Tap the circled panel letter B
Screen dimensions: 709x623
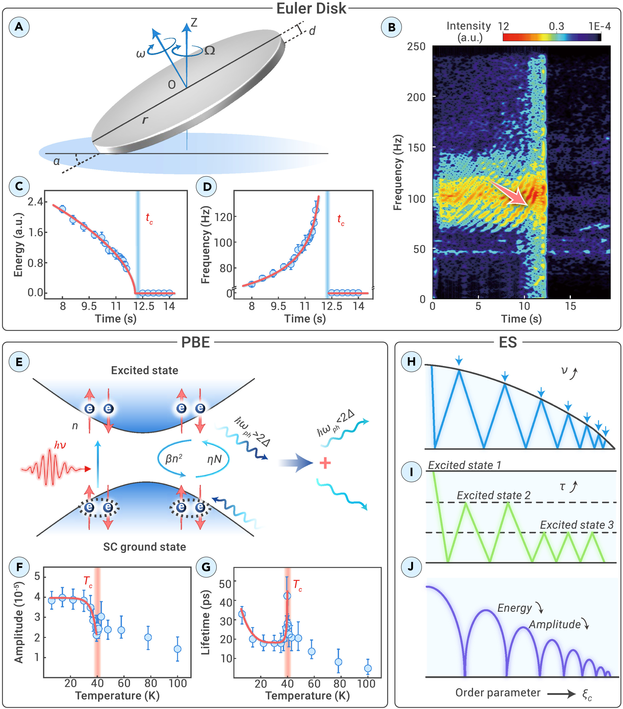pos(391,27)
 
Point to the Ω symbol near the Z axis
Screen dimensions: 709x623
pos(210,51)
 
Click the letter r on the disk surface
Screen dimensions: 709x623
pos(145,120)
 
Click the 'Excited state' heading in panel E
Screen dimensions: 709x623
pos(144,371)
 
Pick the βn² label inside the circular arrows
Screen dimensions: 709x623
pos(174,459)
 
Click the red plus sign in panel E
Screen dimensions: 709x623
pos(325,463)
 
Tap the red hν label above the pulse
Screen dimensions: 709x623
pos(60,445)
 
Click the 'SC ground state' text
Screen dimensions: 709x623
pos(144,547)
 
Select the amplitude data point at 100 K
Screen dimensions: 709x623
pos(177,649)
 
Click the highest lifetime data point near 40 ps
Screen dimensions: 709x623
pos(287,596)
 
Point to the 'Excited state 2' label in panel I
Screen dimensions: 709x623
pos(493,495)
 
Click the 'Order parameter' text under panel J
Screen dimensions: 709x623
pos(498,693)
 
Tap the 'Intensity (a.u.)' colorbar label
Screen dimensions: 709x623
pos(469,31)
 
